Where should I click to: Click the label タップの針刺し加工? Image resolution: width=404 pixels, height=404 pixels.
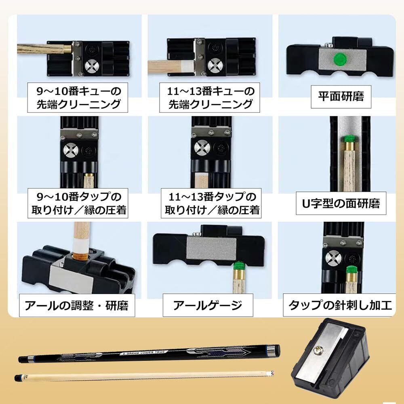pyautogui.click(x=339, y=305)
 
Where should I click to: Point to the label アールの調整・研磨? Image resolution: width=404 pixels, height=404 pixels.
pyautogui.click(x=76, y=305)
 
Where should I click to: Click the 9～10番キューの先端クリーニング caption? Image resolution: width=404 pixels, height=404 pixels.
pyautogui.click(x=76, y=97)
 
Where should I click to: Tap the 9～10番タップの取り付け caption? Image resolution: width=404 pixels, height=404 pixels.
pyautogui.click(x=76, y=203)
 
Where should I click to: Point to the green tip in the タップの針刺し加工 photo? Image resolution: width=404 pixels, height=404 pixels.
pyautogui.click(x=351, y=269)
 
